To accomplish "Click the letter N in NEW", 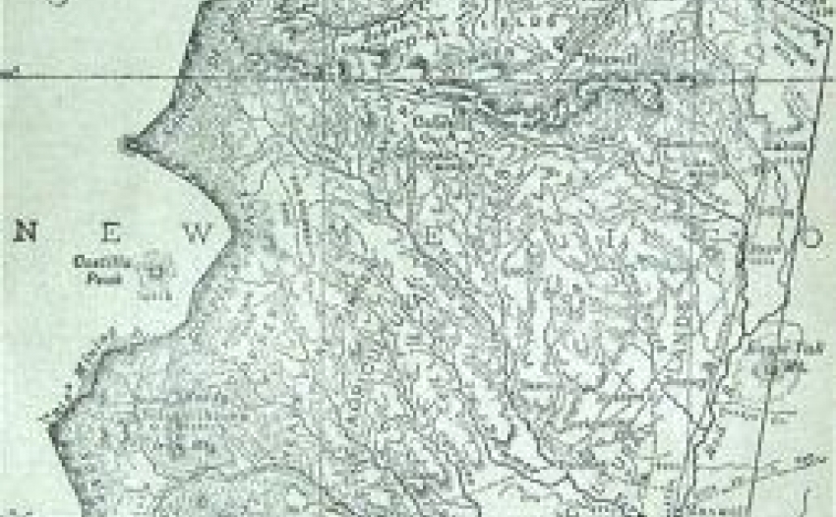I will pos(27,233).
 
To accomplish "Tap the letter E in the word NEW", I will pos(111,233).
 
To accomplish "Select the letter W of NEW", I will pos(197,235).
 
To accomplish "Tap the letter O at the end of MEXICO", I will pos(812,237).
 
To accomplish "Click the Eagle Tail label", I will pos(778,351).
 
